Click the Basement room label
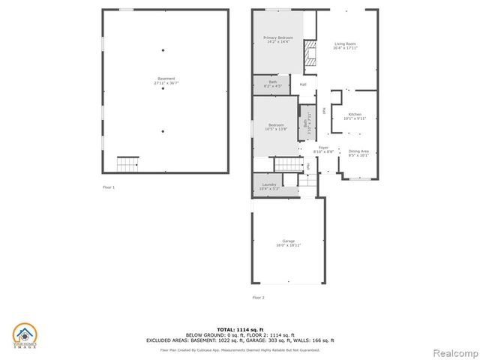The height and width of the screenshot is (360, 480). (x=166, y=79)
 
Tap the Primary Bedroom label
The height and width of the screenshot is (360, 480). (x=277, y=39)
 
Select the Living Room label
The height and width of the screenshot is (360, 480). (x=344, y=46)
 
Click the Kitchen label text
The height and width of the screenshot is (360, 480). (x=353, y=115)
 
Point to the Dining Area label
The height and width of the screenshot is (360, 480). (x=358, y=153)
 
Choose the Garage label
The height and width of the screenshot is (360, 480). (x=288, y=242)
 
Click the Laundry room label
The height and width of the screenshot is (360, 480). (x=268, y=186)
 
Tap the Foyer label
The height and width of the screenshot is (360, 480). (x=322, y=149)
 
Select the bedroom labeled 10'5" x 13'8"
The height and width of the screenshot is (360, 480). (x=275, y=127)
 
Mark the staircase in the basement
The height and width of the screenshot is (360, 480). (x=128, y=163)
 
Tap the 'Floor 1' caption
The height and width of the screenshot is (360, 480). (x=109, y=186)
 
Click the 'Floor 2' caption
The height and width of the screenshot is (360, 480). (x=257, y=297)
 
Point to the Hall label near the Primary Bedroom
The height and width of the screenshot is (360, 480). (x=303, y=84)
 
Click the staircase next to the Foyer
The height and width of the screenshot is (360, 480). (x=285, y=163)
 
